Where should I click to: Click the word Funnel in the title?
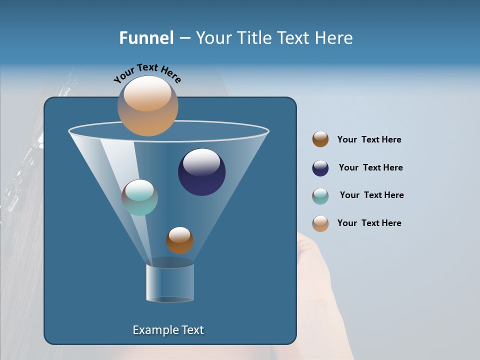(146, 38)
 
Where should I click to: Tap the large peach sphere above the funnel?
(147, 105)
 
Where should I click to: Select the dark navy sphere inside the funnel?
(202, 172)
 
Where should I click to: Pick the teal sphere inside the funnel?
(139, 197)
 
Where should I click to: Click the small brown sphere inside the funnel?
(179, 240)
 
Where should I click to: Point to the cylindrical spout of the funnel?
(170, 283)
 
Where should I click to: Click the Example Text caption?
(168, 330)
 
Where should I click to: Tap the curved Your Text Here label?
(147, 73)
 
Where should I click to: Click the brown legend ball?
(320, 139)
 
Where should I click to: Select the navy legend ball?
(320, 168)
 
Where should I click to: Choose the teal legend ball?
(320, 196)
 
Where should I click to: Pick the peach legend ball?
(320, 223)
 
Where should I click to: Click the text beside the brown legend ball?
(369, 140)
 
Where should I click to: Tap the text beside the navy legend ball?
(370, 168)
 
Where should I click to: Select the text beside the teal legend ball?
(371, 195)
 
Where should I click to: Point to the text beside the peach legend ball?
(369, 223)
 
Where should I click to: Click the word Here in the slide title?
(334, 38)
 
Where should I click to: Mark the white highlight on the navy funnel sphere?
(201, 162)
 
